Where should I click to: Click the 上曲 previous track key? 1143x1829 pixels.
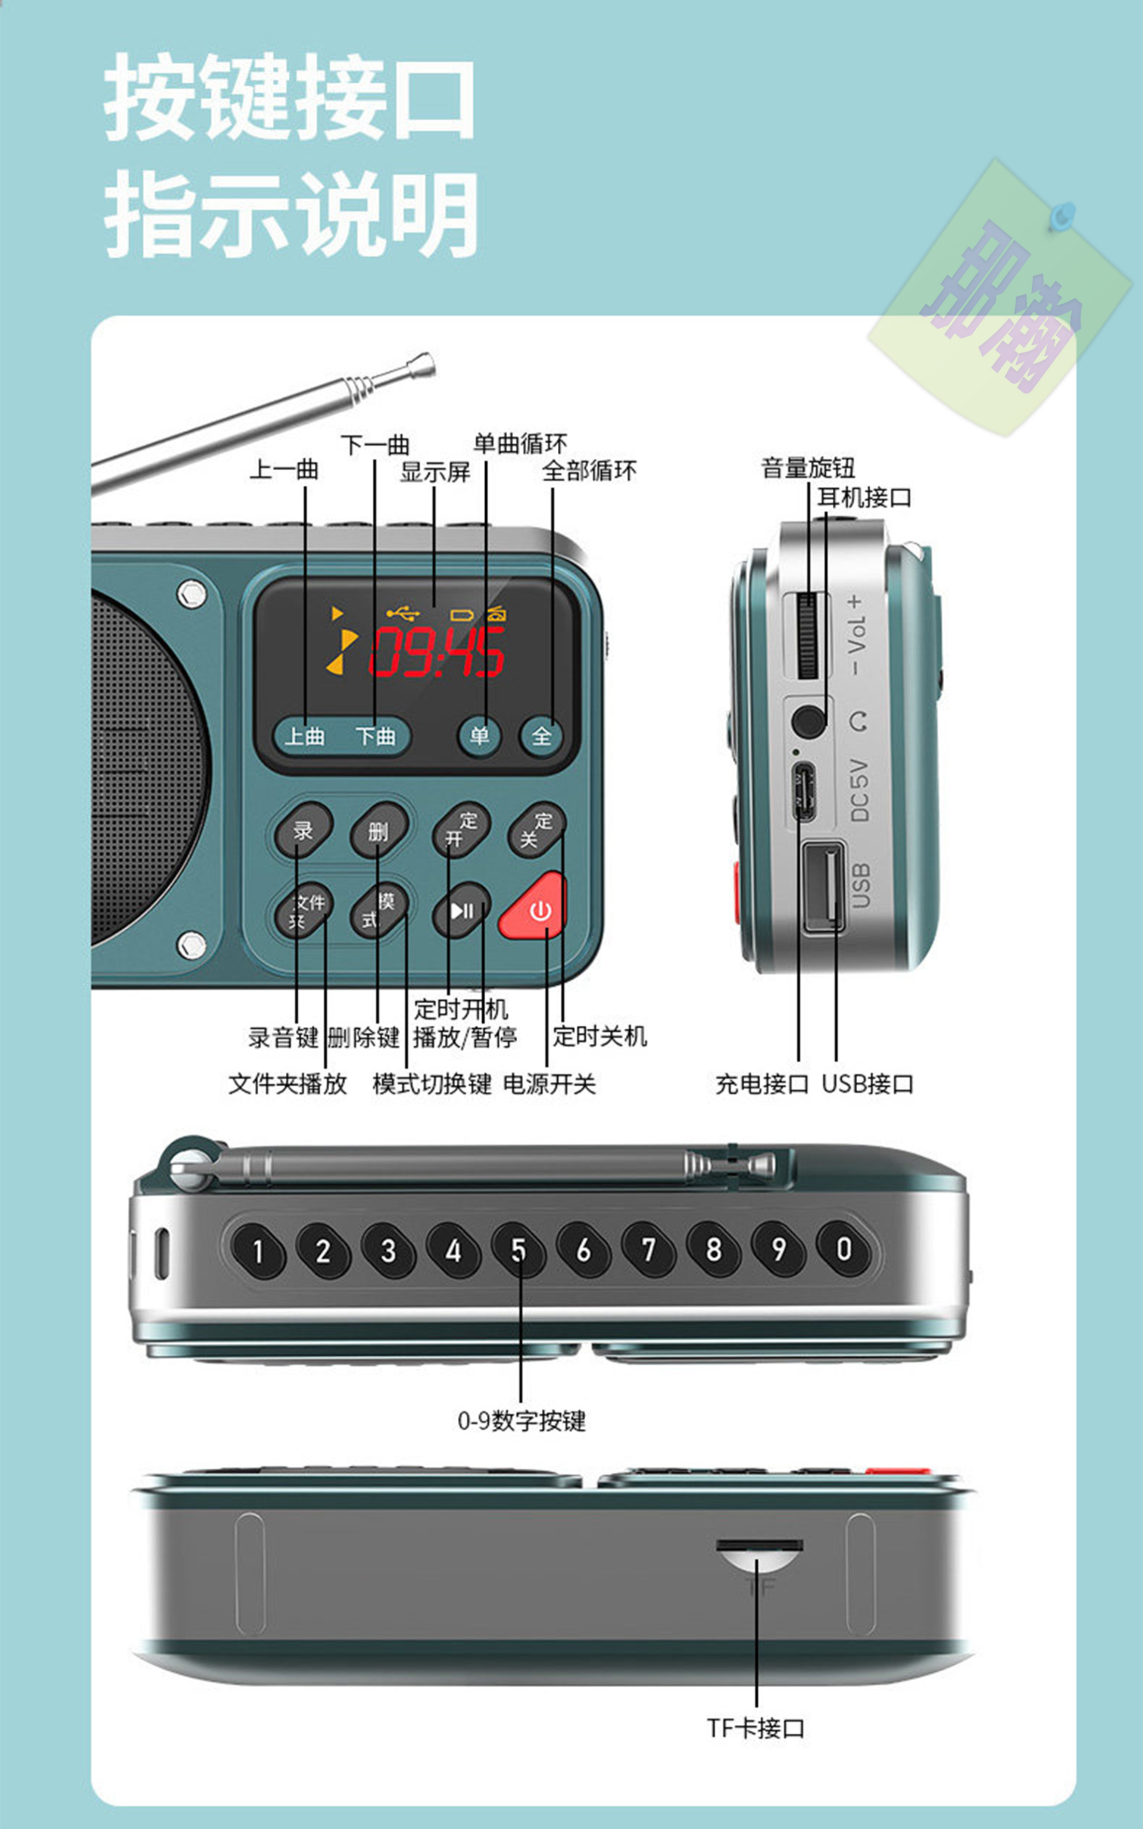tap(305, 735)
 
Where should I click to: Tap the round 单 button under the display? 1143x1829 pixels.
tap(479, 735)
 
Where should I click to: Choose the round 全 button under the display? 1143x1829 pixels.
tap(541, 735)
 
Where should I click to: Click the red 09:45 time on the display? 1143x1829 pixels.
tap(437, 651)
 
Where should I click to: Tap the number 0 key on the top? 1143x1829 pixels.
tap(844, 1249)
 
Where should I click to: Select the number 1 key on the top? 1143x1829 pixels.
tap(258, 1251)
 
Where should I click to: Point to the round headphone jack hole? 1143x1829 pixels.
tap(808, 720)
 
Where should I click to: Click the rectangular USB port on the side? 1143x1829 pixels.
tap(823, 887)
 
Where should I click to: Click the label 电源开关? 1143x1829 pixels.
tap(549, 1084)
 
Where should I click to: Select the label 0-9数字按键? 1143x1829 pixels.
tap(521, 1421)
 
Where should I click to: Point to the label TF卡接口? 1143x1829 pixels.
tap(756, 1728)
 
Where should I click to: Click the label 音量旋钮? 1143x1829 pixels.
tap(807, 468)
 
